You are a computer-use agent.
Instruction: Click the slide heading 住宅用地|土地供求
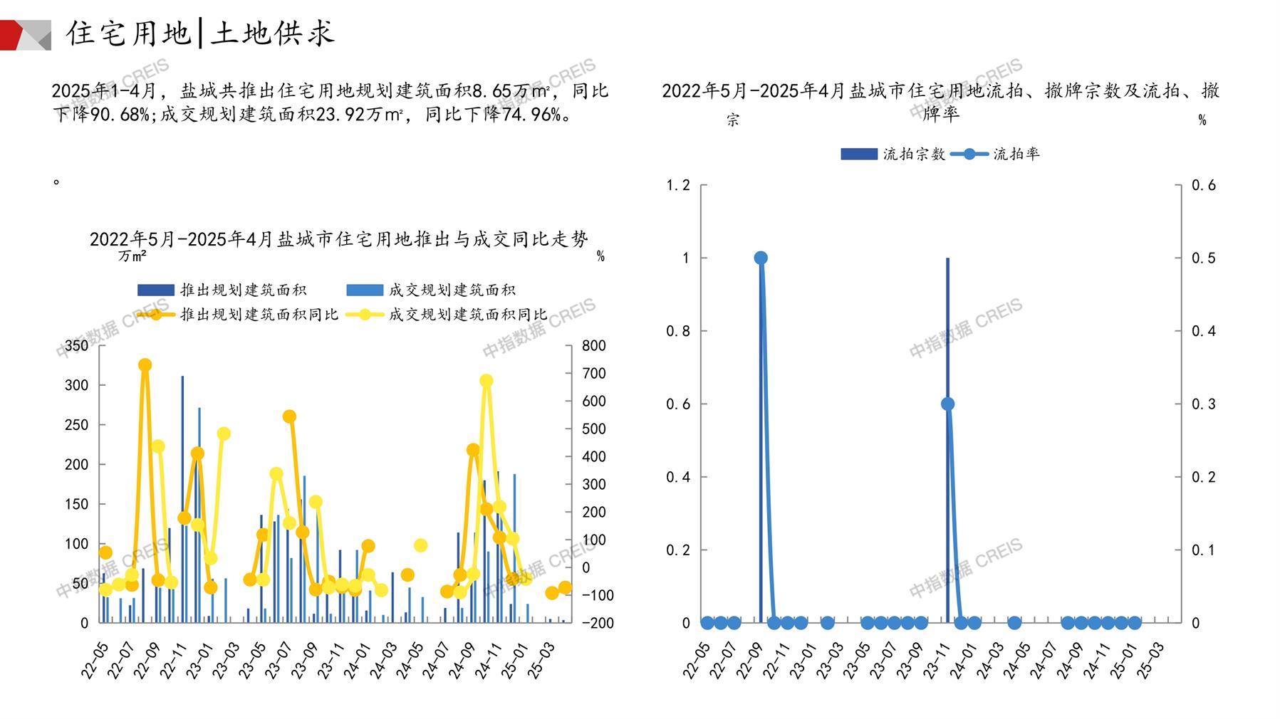pyautogui.click(x=200, y=33)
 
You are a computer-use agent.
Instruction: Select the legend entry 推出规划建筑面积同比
pyautogui.click(x=238, y=314)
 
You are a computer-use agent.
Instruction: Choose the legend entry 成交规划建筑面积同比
pyautogui.click(x=447, y=314)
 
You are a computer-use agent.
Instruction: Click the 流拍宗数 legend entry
pyautogui.click(x=893, y=154)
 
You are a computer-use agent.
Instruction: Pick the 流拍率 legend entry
pyautogui.click(x=996, y=154)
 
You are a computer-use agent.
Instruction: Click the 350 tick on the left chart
pyautogui.click(x=77, y=346)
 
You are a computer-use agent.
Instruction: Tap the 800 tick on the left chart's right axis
pyautogui.click(x=593, y=346)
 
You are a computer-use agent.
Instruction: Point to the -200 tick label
pyautogui.click(x=597, y=623)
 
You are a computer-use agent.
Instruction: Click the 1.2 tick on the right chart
pyautogui.click(x=678, y=186)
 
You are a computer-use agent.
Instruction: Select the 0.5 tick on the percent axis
pyautogui.click(x=1203, y=258)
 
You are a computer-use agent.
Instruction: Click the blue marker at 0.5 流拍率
pyautogui.click(x=761, y=258)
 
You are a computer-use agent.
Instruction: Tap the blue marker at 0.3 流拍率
pyautogui.click(x=947, y=404)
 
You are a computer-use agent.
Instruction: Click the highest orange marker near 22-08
pyautogui.click(x=145, y=365)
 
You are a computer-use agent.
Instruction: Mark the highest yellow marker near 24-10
pyautogui.click(x=486, y=381)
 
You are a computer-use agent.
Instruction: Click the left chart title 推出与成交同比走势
pyautogui.click(x=339, y=239)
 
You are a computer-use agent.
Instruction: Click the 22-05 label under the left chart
pyautogui.click(x=94, y=660)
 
